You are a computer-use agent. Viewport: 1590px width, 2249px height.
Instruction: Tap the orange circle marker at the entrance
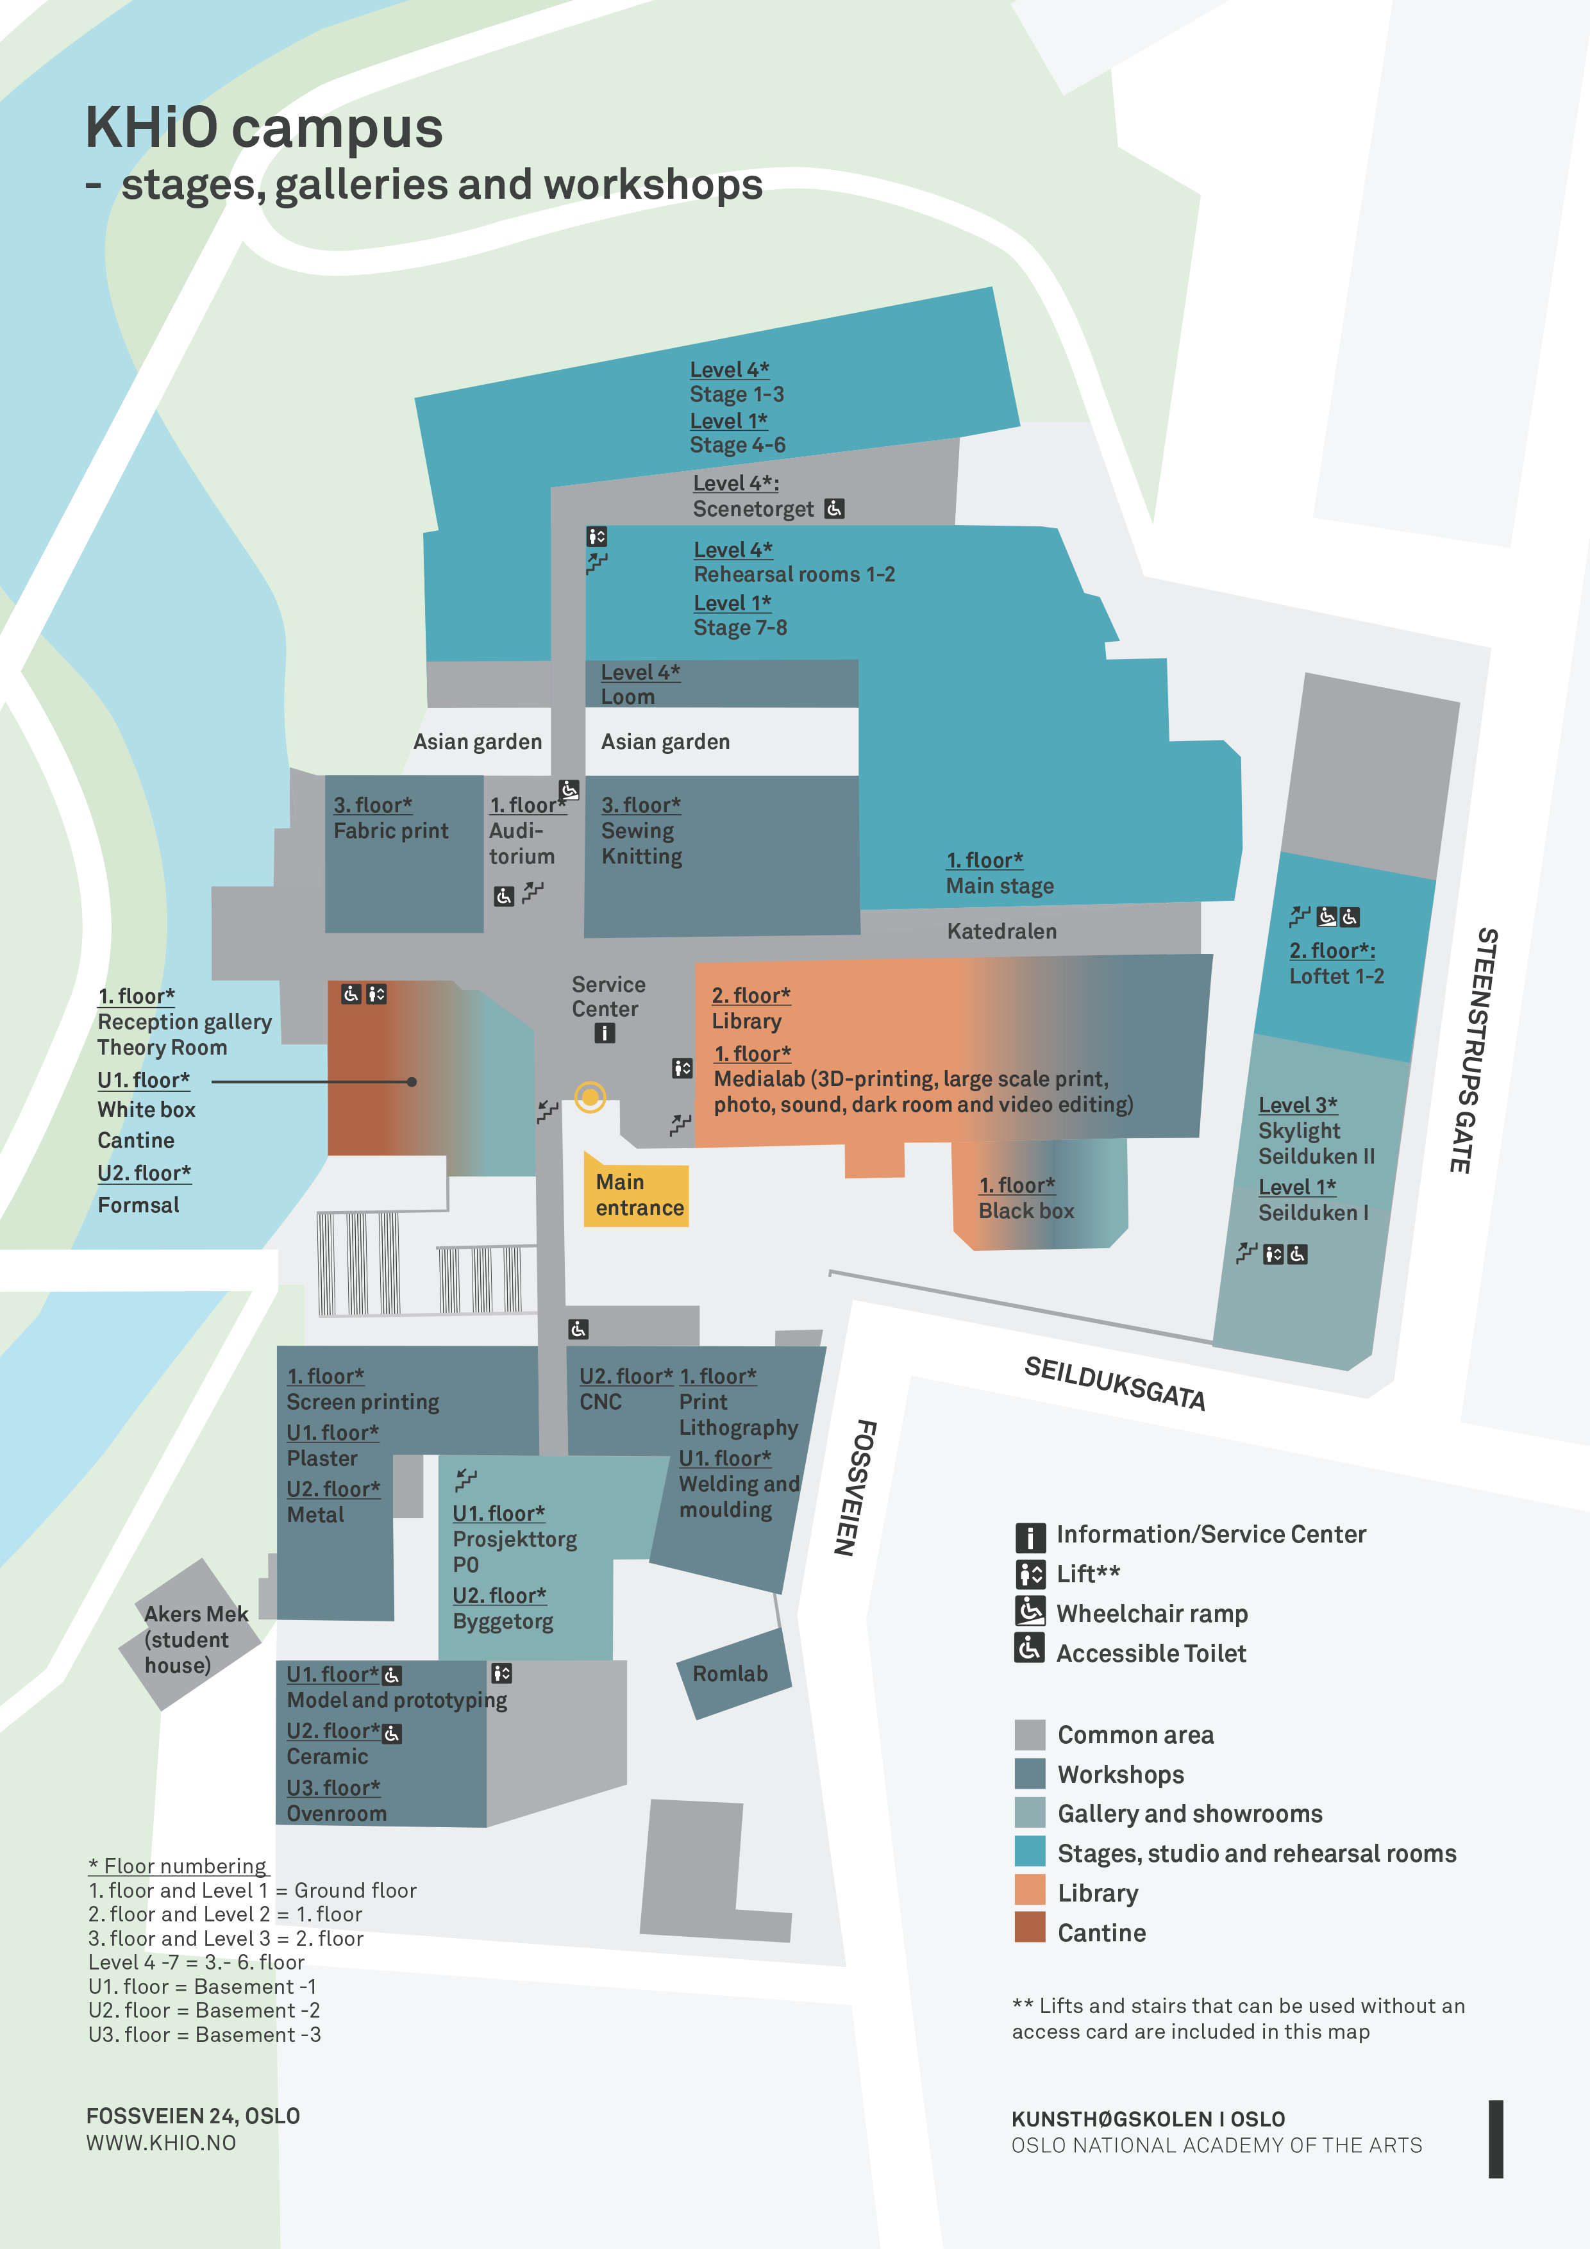(x=590, y=1097)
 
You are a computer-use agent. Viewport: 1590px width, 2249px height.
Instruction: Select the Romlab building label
(x=730, y=1674)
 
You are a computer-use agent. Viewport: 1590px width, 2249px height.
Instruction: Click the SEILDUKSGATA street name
(x=1114, y=1383)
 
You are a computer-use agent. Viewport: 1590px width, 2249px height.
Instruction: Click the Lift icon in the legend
(x=1030, y=1574)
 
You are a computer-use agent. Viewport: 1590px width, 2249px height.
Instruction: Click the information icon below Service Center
(x=605, y=1033)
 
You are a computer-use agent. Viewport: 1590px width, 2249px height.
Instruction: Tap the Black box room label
(x=1026, y=1210)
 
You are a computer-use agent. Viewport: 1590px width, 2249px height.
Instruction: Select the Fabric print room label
(x=390, y=831)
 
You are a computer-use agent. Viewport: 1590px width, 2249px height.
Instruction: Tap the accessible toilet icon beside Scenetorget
(x=833, y=508)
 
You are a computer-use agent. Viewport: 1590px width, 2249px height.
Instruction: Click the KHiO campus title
(x=265, y=128)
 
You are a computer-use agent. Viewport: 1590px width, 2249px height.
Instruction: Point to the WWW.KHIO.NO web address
(x=161, y=2142)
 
